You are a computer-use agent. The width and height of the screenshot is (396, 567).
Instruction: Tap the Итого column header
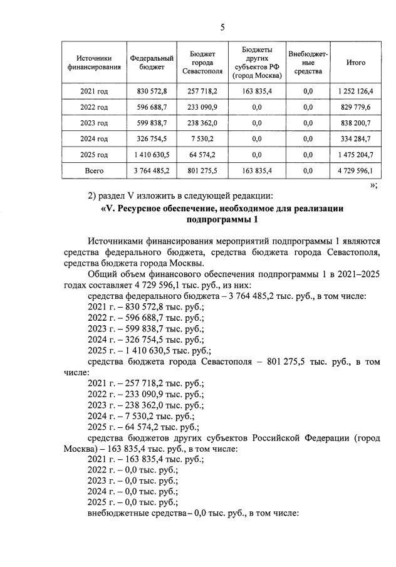coord(356,63)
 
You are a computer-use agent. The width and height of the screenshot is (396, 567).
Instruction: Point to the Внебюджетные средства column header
coord(308,63)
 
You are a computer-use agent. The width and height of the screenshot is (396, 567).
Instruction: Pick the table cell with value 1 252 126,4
coord(356,91)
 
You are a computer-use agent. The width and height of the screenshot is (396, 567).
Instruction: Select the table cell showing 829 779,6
coord(356,107)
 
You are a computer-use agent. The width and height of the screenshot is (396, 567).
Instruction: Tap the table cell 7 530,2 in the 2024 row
coord(201,138)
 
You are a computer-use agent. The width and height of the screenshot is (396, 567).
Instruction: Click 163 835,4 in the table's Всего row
coord(256,170)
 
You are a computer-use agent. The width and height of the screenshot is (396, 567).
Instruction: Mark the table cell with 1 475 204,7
coord(356,154)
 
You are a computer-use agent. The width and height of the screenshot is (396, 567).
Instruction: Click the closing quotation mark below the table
coord(373,186)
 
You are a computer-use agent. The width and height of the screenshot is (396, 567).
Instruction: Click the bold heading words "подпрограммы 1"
coord(222,220)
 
